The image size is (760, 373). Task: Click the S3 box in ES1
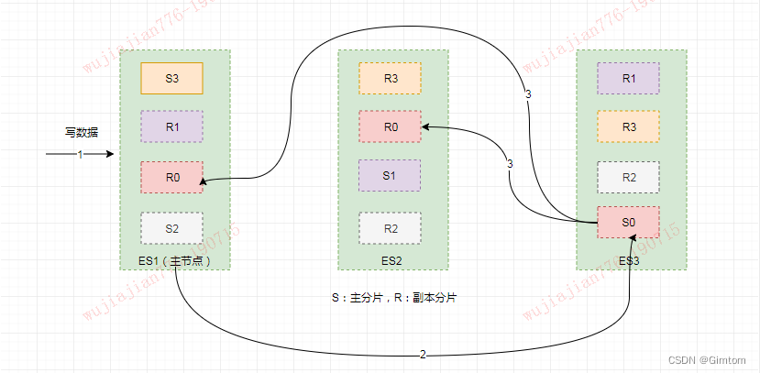tap(171, 78)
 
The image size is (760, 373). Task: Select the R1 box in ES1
tap(171, 126)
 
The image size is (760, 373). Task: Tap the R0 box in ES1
tap(171, 177)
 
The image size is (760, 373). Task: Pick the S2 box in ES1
tap(171, 227)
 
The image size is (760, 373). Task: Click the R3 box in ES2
tap(390, 78)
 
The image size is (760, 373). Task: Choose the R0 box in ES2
tap(390, 126)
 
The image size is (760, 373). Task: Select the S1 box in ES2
tap(390, 175)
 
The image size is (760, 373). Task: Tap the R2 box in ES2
tap(390, 227)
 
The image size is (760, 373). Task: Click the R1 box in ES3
tap(628, 78)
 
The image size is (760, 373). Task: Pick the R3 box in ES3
tap(628, 126)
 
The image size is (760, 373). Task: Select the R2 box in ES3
tap(628, 177)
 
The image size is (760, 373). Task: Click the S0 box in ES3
tap(628, 223)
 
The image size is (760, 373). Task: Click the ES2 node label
tap(391, 260)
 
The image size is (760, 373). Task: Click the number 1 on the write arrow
tap(80, 154)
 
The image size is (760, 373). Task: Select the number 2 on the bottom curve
tap(423, 354)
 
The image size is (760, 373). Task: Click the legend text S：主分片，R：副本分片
tap(394, 298)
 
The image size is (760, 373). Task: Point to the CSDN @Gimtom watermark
tap(709, 360)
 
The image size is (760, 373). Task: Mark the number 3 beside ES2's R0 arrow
tap(509, 164)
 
